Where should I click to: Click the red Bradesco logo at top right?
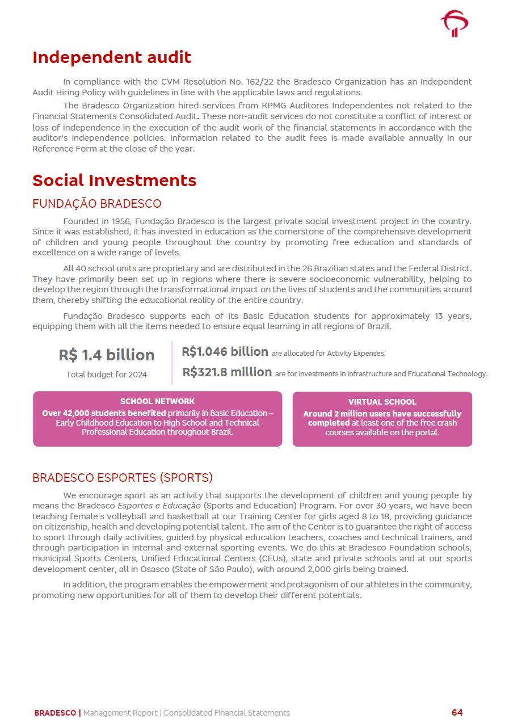[x=455, y=24]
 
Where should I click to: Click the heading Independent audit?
[x=112, y=57]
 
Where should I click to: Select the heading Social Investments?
[x=114, y=180]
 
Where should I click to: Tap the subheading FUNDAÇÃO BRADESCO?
[x=96, y=204]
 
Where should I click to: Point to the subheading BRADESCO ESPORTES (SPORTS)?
[x=122, y=478]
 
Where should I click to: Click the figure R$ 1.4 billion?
[x=107, y=355]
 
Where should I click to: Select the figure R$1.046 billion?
[x=225, y=352]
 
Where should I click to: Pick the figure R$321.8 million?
[x=227, y=372]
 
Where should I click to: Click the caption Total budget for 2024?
[x=107, y=375]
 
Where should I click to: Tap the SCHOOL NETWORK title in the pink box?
[x=157, y=401]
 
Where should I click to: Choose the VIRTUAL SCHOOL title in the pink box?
[x=382, y=402]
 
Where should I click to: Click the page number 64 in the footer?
[x=457, y=713]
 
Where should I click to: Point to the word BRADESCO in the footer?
[x=55, y=713]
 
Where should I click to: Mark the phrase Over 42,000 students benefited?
[x=104, y=413]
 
